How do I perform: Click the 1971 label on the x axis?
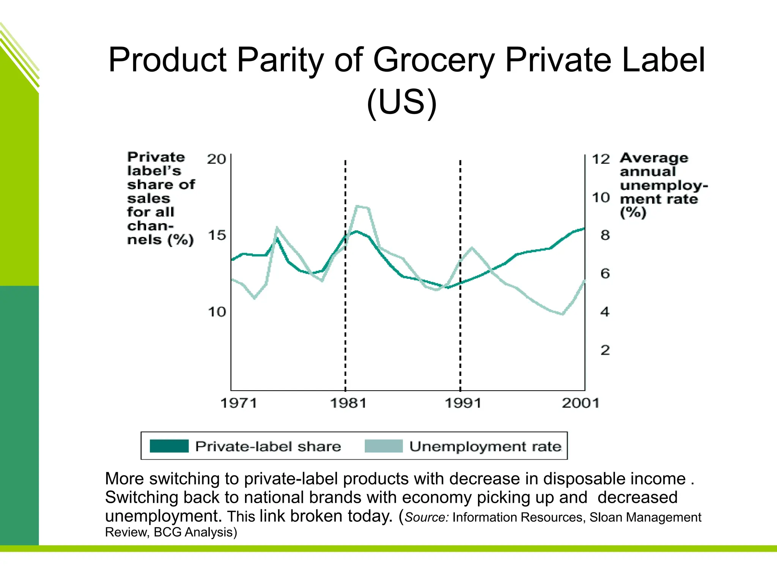(x=239, y=403)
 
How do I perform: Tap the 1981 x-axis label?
(x=349, y=403)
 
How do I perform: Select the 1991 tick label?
(x=463, y=403)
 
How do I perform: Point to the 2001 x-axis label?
(x=580, y=403)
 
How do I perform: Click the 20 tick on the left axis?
(x=216, y=159)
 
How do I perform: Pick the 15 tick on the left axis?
(x=217, y=235)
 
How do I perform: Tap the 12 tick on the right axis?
(x=601, y=159)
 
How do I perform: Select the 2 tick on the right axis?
(x=605, y=350)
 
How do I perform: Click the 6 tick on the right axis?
(x=605, y=274)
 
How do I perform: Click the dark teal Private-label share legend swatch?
(x=169, y=446)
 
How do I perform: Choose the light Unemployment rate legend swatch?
(x=384, y=446)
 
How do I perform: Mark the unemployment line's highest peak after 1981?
(x=357, y=206)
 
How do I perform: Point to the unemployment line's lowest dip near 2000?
(x=563, y=314)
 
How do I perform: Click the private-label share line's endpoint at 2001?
(x=584, y=228)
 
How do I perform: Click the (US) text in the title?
(x=402, y=102)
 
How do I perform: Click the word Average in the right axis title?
(x=654, y=158)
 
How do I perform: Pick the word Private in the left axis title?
(x=156, y=157)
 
